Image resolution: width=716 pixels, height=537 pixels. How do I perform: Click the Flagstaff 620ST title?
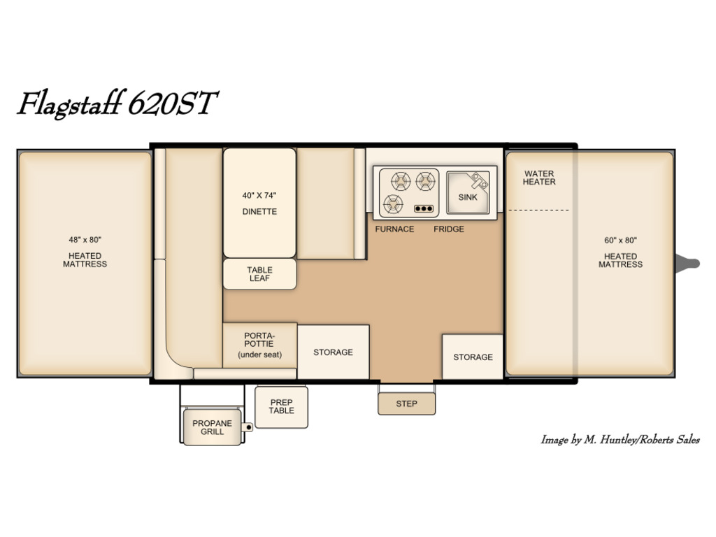pos(117,104)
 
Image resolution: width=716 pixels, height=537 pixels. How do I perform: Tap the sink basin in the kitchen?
pos(468,193)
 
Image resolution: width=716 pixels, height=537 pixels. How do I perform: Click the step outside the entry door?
pos(406,403)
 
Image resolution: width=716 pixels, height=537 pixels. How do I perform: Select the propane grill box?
pos(213,427)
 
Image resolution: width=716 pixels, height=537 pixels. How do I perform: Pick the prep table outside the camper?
pos(281,407)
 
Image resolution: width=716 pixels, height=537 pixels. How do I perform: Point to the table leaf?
pos(259,274)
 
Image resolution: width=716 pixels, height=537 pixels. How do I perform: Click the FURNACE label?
pos(394,229)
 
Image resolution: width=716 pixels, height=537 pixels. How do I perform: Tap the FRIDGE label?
pos(449,229)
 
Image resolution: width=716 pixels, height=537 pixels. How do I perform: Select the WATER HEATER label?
pos(539,178)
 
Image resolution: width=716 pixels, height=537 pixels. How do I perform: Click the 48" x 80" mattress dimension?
pos(85,240)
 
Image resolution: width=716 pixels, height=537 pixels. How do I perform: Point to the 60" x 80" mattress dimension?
pos(621,241)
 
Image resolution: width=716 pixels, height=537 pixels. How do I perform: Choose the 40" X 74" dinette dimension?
pos(259,196)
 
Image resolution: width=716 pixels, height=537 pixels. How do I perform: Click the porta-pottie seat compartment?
pos(260,345)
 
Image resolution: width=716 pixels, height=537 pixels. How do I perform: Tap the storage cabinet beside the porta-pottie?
pos(334,352)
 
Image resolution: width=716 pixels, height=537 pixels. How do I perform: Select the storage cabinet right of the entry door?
pos(473,357)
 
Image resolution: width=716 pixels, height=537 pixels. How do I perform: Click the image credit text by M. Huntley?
pos(620,440)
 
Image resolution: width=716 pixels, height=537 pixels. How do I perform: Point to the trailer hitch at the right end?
pos(688,264)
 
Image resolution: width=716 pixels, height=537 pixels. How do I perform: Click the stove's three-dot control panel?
pos(424,208)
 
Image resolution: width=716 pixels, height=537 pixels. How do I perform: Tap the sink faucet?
pos(480,180)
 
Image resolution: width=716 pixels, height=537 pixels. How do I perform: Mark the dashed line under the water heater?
pos(539,210)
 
